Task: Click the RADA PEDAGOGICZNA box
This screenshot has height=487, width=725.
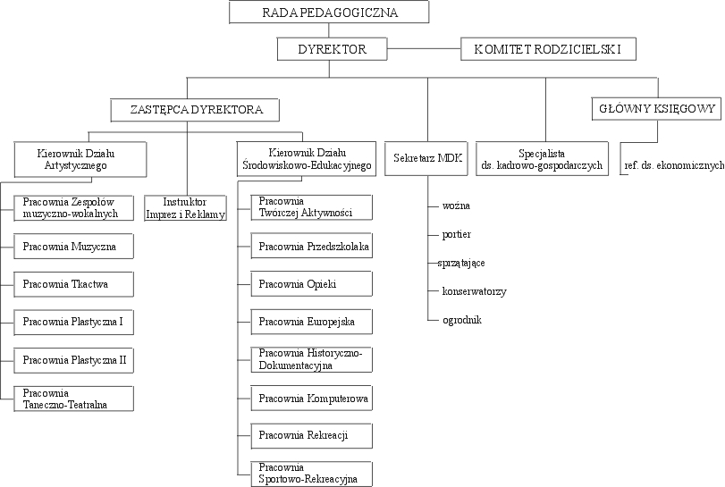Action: coord(330,13)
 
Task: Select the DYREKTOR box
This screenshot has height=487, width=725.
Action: coord(333,49)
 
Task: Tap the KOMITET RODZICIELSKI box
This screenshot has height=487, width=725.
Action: coord(548,49)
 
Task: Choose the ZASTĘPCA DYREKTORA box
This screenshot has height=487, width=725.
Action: coord(195,110)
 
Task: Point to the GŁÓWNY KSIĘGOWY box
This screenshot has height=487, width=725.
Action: coord(656,110)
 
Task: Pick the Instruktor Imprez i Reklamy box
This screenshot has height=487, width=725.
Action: coord(185,208)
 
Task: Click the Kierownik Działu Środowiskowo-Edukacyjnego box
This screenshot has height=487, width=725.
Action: coord(307,159)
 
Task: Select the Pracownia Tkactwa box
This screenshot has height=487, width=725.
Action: coord(74,285)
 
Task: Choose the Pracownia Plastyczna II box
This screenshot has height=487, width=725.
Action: coord(74,361)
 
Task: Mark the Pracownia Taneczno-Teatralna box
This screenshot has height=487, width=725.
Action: coord(74,399)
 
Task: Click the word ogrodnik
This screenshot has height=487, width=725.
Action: coord(461,319)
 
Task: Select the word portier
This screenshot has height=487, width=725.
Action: coord(456,234)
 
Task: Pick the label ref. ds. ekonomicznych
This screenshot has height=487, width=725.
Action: coord(673,166)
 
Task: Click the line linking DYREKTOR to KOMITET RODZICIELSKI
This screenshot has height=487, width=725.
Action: coord(426,49)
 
